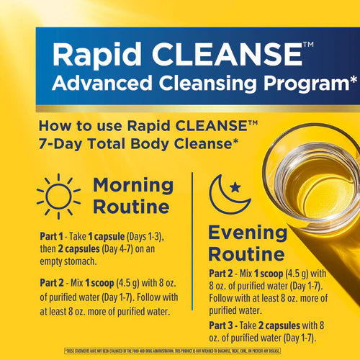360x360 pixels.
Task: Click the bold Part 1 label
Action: pos(50,235)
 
